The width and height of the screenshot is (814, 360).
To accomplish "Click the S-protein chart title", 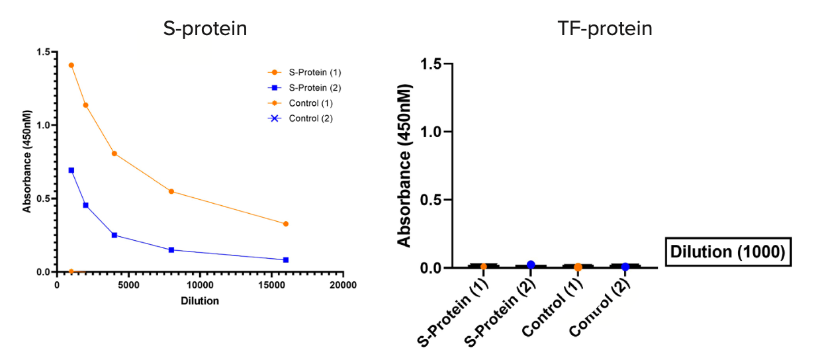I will (x=205, y=29).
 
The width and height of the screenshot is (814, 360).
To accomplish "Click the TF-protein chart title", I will (x=605, y=29).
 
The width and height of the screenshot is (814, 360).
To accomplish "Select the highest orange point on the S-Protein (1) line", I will (x=71, y=66).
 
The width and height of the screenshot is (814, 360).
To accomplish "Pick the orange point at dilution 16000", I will (x=286, y=224).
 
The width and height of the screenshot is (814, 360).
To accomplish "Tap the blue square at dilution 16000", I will (x=286, y=260).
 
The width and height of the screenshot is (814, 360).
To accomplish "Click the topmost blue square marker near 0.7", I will (x=71, y=170).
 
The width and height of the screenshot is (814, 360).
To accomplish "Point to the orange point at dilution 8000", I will (x=171, y=191).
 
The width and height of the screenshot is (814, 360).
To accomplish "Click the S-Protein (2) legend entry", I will (x=314, y=87).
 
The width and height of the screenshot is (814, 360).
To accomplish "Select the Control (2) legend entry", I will (x=310, y=118).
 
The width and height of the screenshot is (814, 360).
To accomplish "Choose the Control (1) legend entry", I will (x=310, y=103).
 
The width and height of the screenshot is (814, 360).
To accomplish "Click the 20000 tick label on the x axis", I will (x=343, y=286).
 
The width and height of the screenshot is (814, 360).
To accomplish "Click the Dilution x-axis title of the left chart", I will (x=200, y=300).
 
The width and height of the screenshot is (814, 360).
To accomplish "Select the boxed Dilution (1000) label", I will (x=727, y=252).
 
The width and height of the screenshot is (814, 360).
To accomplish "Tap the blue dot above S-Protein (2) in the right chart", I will (x=531, y=265).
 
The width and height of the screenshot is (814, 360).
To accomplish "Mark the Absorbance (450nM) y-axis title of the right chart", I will (x=405, y=165).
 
